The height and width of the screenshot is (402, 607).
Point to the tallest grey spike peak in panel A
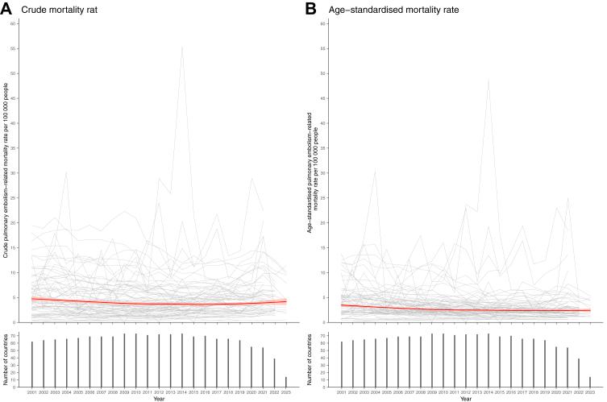tap(182, 47)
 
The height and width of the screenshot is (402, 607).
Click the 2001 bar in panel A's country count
tap(32, 364)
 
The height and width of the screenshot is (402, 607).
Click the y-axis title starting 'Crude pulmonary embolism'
tap(6, 173)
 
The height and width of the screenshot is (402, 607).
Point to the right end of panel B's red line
tap(591, 310)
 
